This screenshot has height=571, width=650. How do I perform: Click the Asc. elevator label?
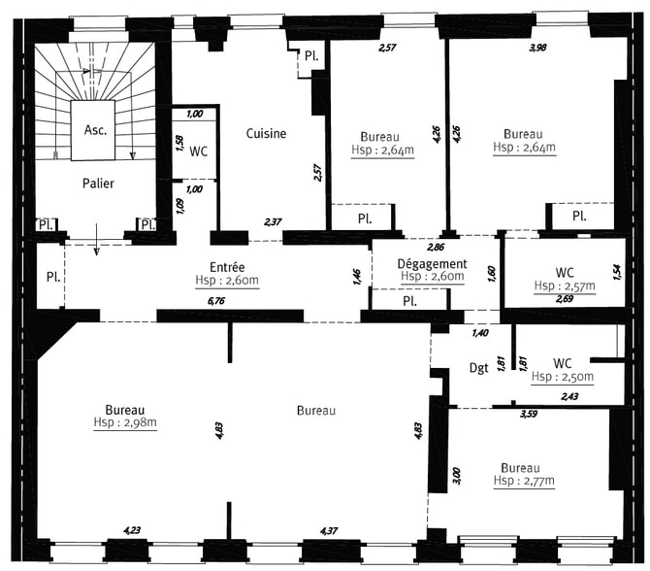[95, 130]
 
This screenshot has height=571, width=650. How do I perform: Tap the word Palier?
[98, 183]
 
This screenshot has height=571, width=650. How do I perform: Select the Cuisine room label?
[266, 133]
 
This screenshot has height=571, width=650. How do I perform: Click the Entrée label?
[227, 267]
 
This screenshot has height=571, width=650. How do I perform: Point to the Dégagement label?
[432, 264]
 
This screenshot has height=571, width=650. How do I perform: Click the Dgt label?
[479, 368]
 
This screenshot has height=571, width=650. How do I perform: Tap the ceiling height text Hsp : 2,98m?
[125, 422]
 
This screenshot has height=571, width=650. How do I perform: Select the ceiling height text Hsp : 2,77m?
[524, 481]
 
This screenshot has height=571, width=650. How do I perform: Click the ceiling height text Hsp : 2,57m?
[565, 285]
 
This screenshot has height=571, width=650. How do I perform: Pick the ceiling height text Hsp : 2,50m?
[563, 377]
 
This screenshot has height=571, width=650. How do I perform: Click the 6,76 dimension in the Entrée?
[216, 300]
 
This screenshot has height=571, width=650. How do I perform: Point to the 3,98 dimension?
[537, 48]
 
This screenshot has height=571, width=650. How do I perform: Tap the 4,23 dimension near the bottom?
[132, 530]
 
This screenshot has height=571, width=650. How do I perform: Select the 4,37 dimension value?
[329, 531]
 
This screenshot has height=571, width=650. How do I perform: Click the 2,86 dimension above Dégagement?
[436, 248]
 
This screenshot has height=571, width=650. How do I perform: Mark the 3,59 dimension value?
[529, 414]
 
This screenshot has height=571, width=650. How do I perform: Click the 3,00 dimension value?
[456, 476]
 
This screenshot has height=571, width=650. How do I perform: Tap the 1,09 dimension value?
[180, 206]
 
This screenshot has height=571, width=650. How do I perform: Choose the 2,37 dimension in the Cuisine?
[273, 222]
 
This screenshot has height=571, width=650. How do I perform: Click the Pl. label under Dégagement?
[409, 301]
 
